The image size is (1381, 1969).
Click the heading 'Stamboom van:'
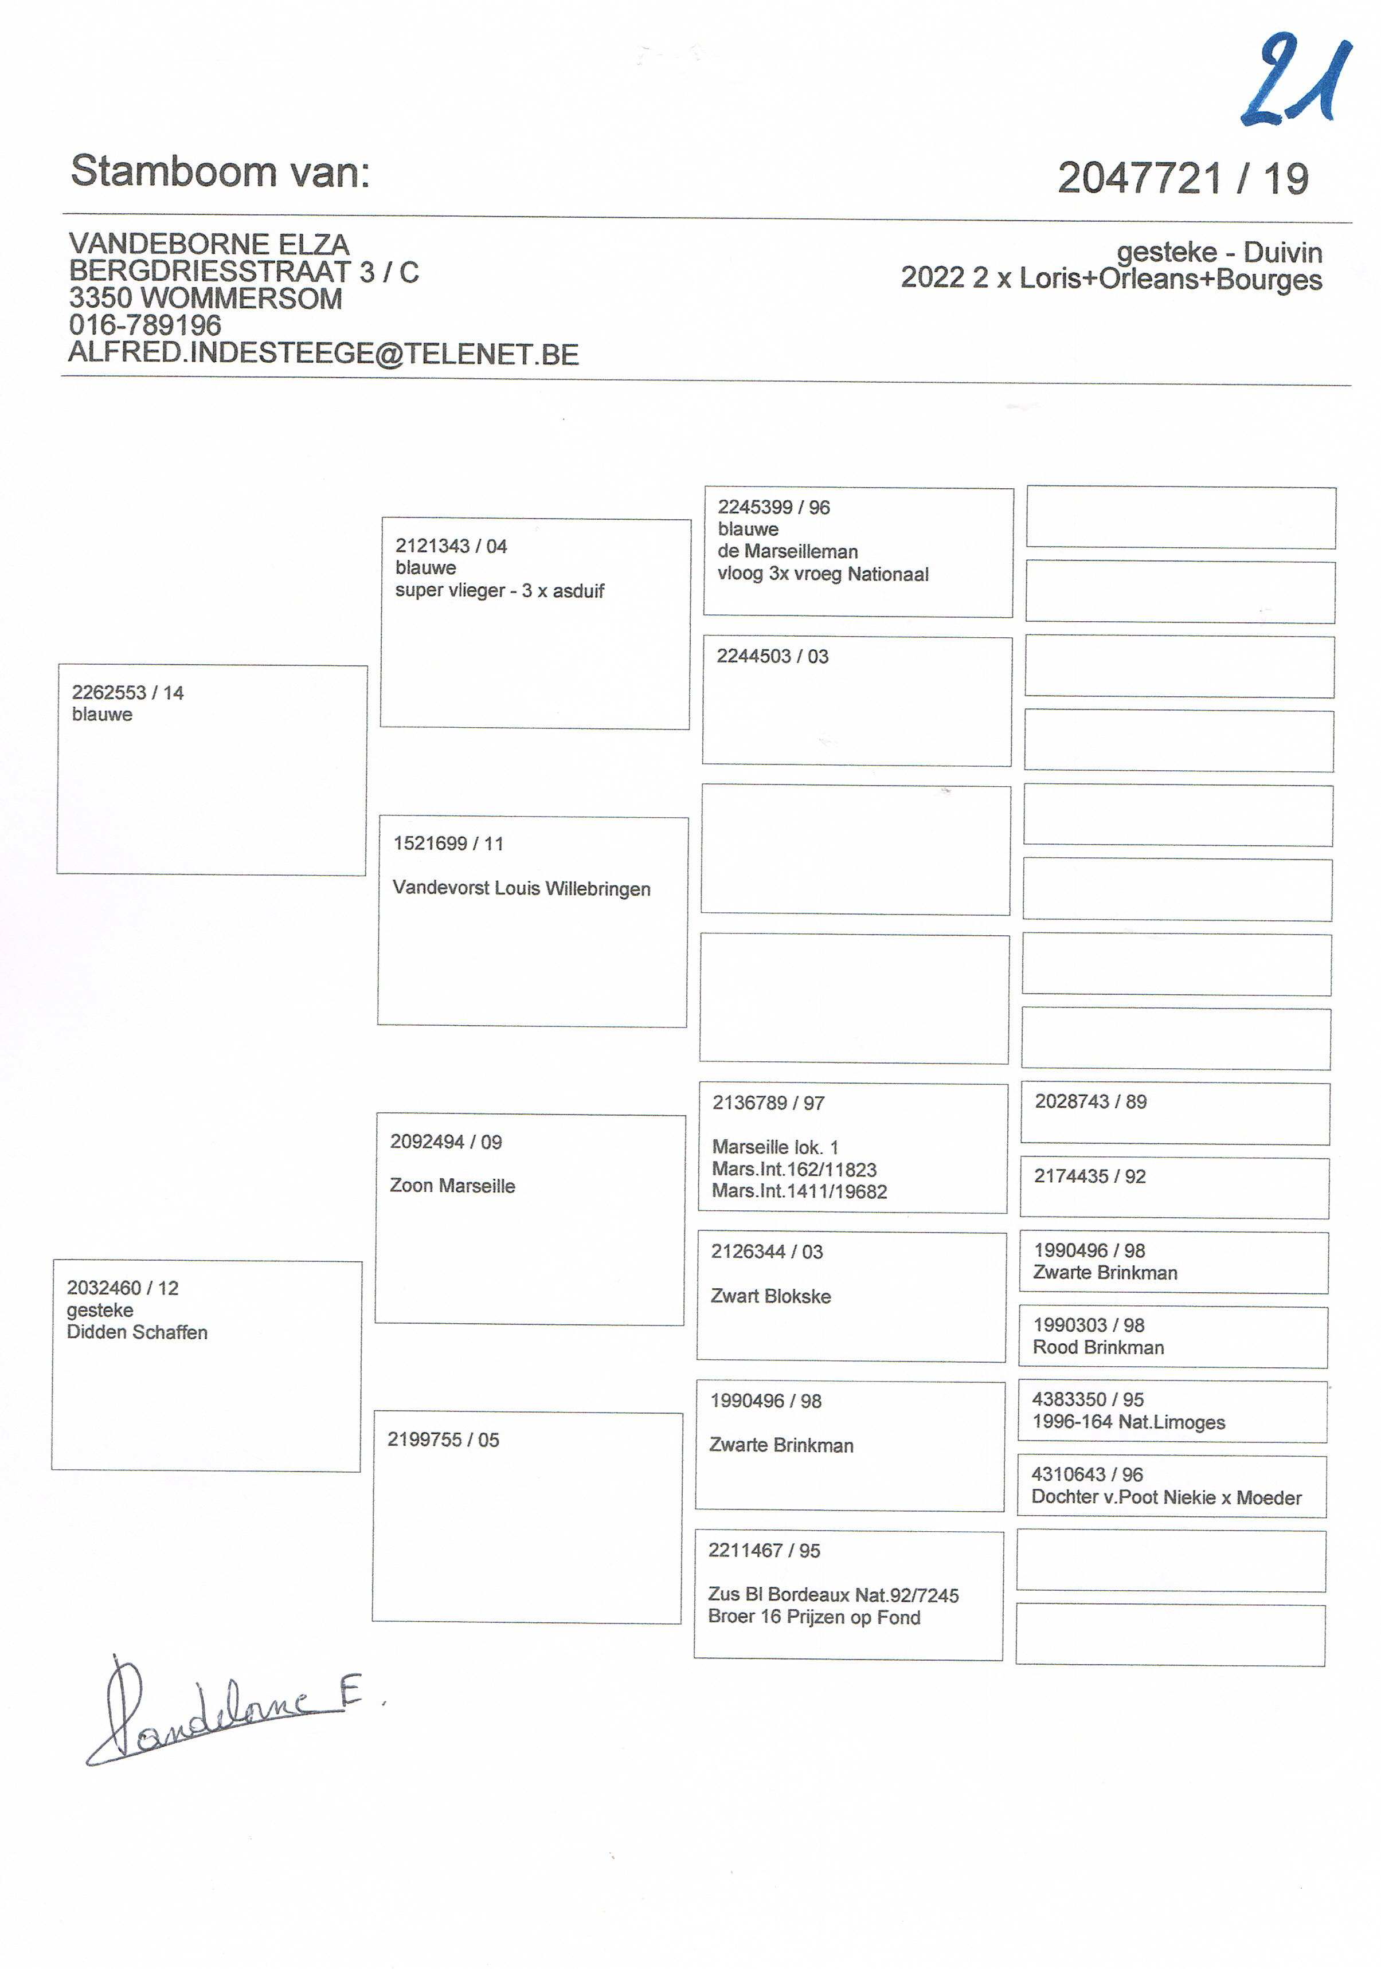click(x=221, y=171)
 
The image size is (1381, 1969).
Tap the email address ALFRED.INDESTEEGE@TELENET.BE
click(x=323, y=354)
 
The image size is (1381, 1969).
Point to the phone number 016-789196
click(x=145, y=325)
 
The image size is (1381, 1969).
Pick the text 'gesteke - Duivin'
click(x=1218, y=252)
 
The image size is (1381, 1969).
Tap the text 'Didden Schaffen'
click(x=137, y=1332)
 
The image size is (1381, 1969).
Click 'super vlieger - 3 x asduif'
click(x=499, y=591)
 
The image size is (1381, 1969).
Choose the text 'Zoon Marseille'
click(x=452, y=1186)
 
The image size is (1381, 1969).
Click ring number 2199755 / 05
click(x=443, y=1440)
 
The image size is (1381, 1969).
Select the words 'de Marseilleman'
click(x=788, y=551)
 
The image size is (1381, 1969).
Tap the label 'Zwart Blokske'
click(x=770, y=1296)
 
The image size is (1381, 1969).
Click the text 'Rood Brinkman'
click(x=1098, y=1347)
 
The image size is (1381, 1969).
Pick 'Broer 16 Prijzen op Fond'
click(x=814, y=1617)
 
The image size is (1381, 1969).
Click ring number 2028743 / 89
click(x=1090, y=1101)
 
